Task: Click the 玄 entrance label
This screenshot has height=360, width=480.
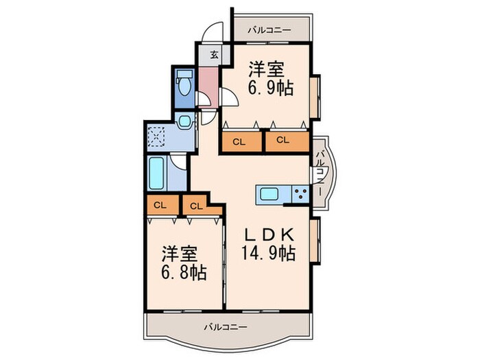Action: click(214, 55)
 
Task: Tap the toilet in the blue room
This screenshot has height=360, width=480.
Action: click(184, 82)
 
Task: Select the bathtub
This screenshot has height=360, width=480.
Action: click(156, 173)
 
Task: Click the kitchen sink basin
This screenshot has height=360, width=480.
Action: click(269, 194)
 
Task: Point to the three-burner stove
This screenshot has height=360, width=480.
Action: click(300, 194)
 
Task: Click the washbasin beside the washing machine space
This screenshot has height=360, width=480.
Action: click(185, 121)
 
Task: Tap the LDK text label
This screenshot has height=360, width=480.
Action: click(269, 235)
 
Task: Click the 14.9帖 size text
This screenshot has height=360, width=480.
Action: click(269, 254)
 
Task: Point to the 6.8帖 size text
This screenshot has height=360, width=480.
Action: click(184, 272)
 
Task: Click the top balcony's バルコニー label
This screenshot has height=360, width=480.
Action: click(269, 30)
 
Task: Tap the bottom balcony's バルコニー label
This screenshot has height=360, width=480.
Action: click(226, 327)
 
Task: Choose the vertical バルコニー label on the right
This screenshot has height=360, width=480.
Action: click(320, 173)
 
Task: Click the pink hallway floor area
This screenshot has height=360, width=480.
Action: click(208, 86)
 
